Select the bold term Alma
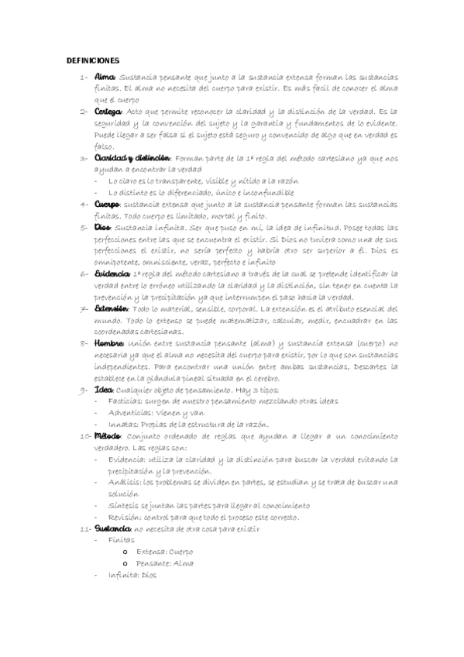[x=105, y=77]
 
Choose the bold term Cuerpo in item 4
[x=108, y=204]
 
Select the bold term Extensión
[x=114, y=308]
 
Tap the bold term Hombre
[x=110, y=342]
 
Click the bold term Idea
[x=104, y=389]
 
